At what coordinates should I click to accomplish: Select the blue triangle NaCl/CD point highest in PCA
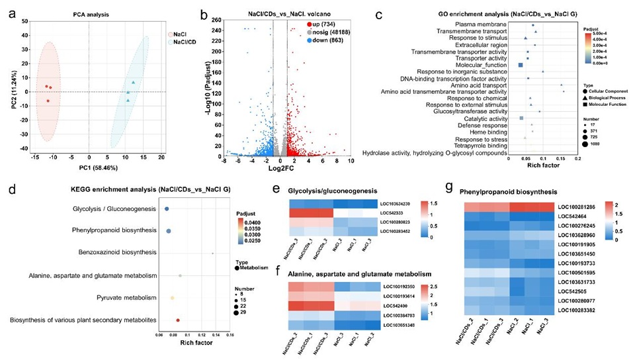click(134, 82)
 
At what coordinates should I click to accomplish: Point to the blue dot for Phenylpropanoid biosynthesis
click(169, 231)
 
